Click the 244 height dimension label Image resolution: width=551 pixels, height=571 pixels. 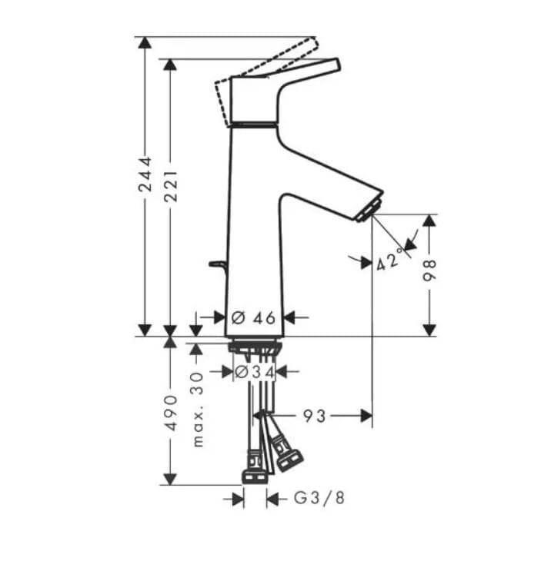[x=144, y=179]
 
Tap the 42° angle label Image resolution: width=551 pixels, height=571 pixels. [x=390, y=260]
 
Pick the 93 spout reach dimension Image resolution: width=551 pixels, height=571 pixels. [x=313, y=417]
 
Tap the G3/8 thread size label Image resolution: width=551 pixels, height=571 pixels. [x=319, y=499]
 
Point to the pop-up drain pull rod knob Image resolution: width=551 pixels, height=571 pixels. [x=214, y=266]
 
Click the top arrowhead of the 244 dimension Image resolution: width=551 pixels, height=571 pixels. [x=144, y=42]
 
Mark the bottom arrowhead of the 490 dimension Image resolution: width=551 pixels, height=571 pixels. [x=169, y=479]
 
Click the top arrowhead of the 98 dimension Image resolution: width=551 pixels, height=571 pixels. [x=429, y=221]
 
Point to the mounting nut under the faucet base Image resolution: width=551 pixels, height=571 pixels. [x=255, y=345]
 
